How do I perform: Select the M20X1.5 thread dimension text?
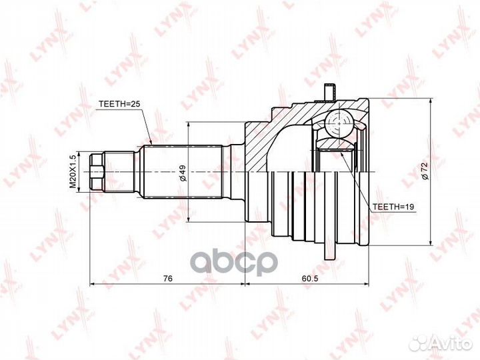pyautogui.click(x=74, y=172)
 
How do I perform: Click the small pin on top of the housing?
pyautogui.click(x=328, y=94)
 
